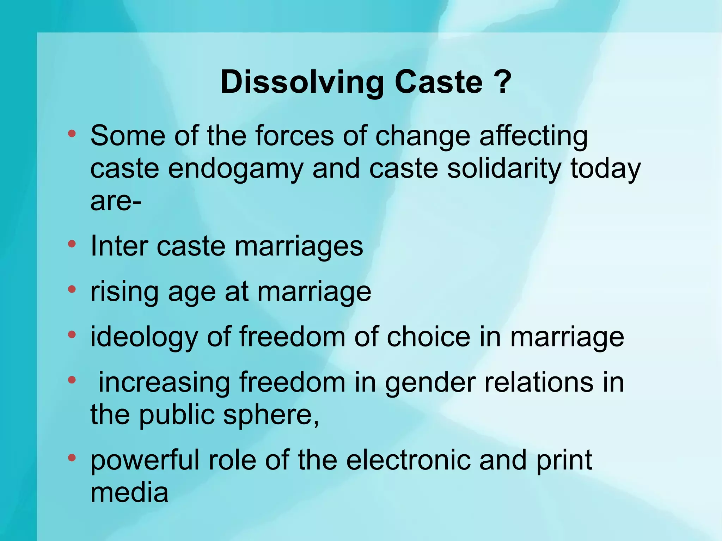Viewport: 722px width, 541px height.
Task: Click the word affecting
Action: click(533, 136)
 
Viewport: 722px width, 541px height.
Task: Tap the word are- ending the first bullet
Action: click(116, 202)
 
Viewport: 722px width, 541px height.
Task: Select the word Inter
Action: click(119, 246)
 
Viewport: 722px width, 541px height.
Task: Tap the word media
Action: click(129, 492)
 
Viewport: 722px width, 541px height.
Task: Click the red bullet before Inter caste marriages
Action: click(72, 244)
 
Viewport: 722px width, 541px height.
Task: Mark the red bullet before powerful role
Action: click(72, 458)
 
